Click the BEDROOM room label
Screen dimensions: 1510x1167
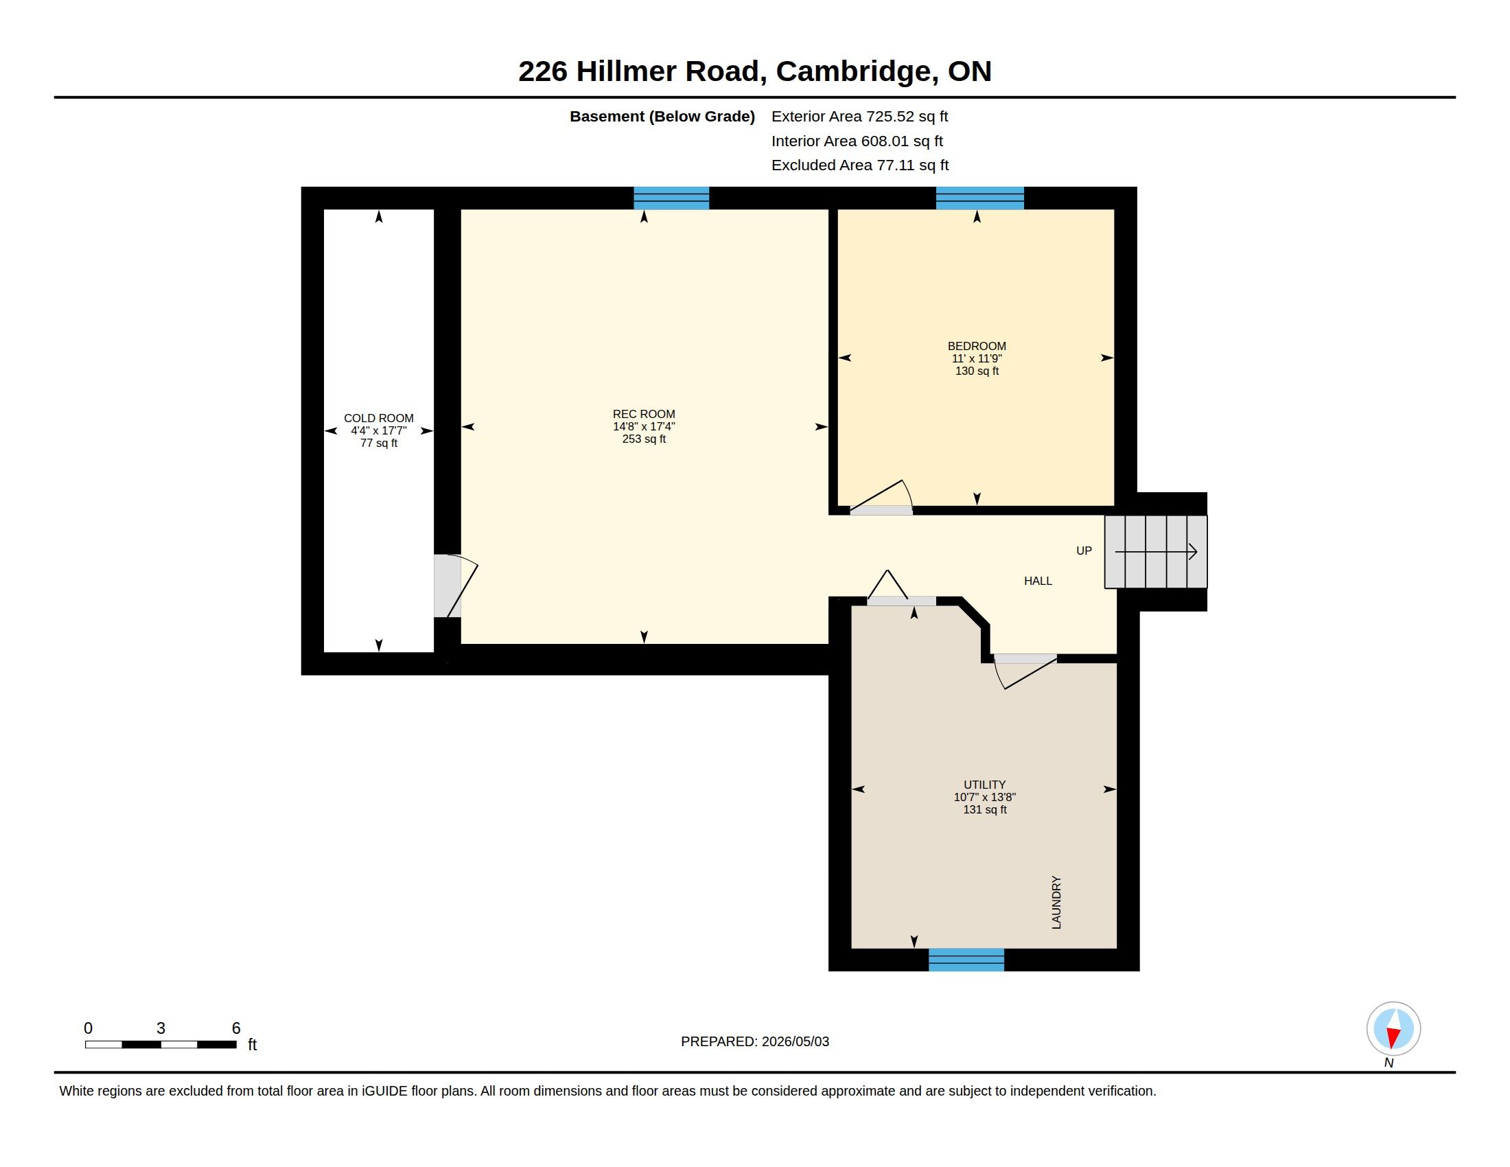976,346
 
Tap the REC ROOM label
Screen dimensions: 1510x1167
644,414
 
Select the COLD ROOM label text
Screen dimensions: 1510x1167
379,418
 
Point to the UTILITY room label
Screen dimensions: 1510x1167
984,785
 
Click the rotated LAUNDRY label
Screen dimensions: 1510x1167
1056,902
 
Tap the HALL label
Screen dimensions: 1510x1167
1038,581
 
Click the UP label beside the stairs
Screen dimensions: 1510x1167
1084,551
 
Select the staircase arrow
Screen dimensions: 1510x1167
1156,552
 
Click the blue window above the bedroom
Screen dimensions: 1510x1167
979,198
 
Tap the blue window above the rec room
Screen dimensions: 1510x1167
671,198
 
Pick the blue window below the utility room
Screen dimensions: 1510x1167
966,960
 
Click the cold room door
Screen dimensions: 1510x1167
456,586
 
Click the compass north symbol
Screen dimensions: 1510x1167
1393,1029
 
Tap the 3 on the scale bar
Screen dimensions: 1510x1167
161,1028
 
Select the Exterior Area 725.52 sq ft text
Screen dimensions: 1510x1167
859,116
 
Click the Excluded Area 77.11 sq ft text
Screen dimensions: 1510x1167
860,165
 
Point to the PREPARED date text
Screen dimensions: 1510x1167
755,1041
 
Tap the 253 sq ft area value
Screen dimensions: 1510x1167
644,439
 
